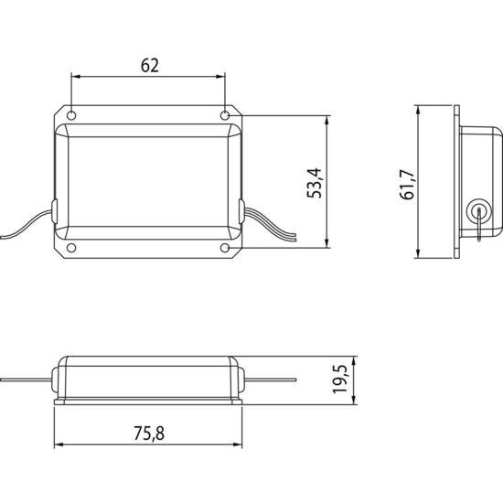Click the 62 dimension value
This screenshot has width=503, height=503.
click(150, 66)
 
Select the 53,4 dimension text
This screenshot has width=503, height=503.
click(314, 183)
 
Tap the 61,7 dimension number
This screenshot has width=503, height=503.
click(408, 185)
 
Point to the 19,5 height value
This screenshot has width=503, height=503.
click(339, 379)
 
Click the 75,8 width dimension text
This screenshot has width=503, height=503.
click(149, 433)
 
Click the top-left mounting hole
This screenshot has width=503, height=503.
click(71, 115)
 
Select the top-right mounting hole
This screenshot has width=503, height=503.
click(225, 115)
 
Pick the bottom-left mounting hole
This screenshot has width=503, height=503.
click(71, 248)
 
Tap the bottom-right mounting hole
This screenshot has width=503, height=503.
click(225, 248)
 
